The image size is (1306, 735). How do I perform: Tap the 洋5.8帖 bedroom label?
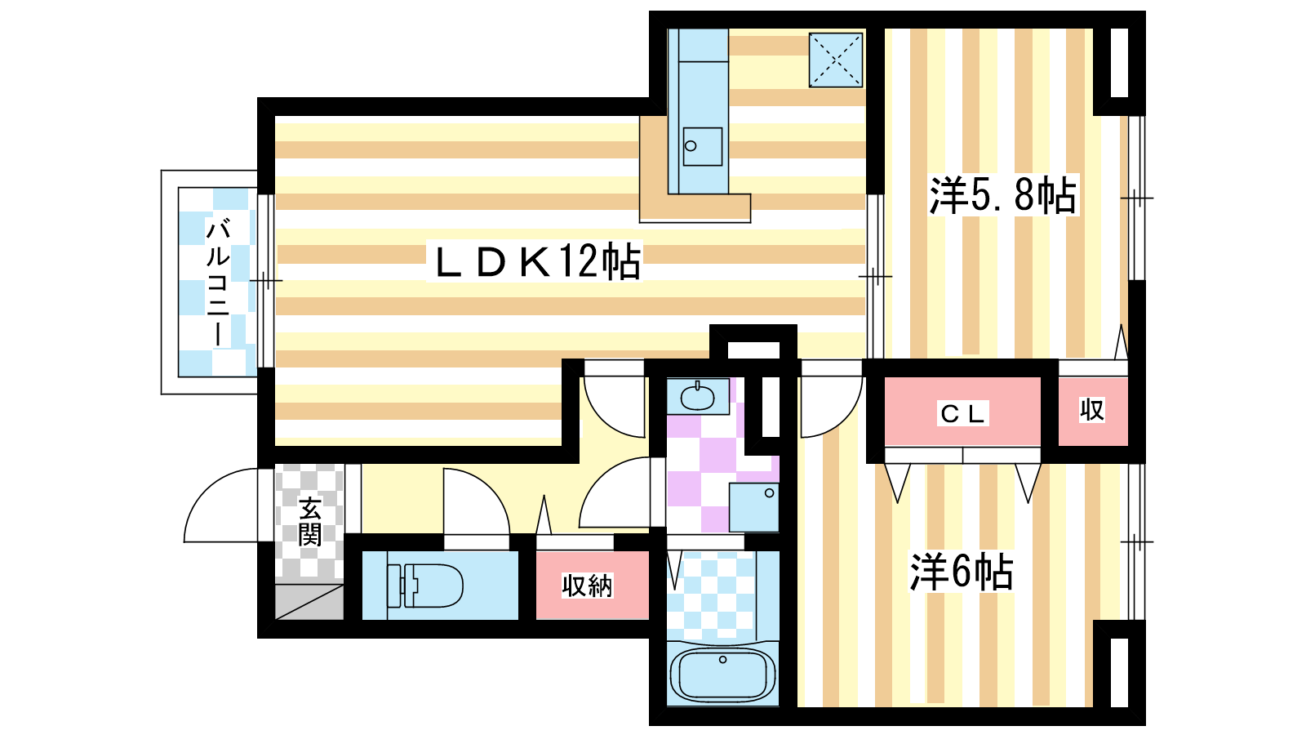tap(1003, 195)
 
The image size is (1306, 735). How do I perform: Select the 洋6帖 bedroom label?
tap(962, 572)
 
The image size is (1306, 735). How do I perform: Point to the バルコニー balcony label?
tap(218, 283)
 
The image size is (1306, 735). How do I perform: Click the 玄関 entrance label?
tap(309, 522)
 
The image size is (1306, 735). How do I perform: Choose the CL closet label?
tap(962, 413)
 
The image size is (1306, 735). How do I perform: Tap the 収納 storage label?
tap(587, 586)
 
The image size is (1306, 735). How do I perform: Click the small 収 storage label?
tap(1092, 410)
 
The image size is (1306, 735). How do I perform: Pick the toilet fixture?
tap(424, 585)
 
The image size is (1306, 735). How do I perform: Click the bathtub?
tap(722, 674)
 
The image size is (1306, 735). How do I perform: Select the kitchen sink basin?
tap(702, 146)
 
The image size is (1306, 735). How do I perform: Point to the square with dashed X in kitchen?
tap(836, 60)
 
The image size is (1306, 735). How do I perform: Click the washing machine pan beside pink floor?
tap(754, 507)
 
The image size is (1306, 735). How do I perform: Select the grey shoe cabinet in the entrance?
tap(309, 601)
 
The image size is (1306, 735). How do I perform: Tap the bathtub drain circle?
tap(723, 660)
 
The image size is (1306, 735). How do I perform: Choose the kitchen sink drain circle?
tap(691, 146)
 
